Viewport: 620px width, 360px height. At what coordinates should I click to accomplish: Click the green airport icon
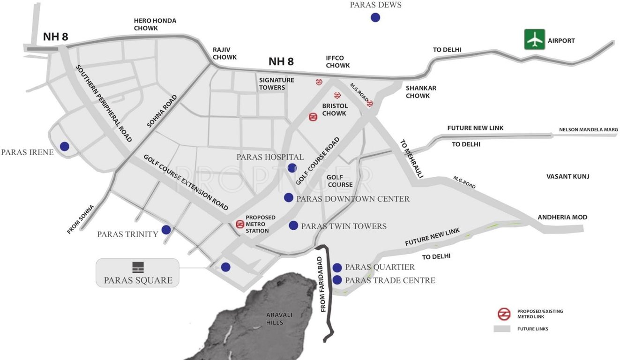click(534, 39)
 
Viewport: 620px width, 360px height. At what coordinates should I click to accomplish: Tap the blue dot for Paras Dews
click(375, 18)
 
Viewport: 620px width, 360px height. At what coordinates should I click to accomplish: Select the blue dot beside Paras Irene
click(64, 146)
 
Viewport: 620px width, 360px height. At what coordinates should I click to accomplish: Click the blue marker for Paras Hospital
click(292, 168)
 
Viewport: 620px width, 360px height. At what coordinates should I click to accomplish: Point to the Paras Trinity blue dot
click(166, 230)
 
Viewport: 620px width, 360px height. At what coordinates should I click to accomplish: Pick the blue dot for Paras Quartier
click(337, 268)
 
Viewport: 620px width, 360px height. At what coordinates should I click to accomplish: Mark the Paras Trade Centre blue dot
click(337, 280)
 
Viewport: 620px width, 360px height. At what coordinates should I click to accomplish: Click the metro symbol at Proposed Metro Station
click(240, 224)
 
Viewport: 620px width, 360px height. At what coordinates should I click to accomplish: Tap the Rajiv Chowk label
click(224, 53)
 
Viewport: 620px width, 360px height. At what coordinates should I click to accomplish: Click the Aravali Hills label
click(275, 319)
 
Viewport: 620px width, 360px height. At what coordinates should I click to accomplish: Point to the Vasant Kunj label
click(568, 177)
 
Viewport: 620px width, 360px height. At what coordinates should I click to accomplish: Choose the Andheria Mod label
click(562, 217)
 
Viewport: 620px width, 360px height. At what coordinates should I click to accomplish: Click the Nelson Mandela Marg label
click(588, 130)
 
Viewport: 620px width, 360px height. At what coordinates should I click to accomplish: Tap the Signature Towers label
click(276, 83)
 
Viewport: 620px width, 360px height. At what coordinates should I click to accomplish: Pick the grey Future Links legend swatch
click(501, 329)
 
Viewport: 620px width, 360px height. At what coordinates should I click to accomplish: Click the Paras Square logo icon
click(138, 267)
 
